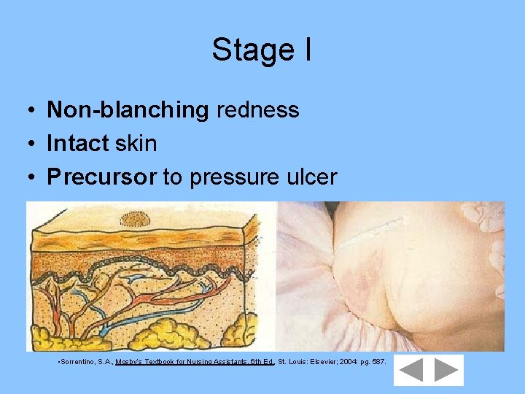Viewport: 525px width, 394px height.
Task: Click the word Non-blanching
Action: (128, 110)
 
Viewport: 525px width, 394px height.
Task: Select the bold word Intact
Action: (77, 144)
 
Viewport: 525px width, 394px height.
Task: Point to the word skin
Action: (136, 144)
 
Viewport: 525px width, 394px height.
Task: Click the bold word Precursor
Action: (101, 177)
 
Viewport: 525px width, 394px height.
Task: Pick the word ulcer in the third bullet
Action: (311, 177)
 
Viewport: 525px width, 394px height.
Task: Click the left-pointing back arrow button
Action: (411, 371)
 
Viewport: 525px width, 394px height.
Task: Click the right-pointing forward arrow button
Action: (446, 371)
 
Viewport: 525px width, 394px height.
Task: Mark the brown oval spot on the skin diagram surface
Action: (133, 218)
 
